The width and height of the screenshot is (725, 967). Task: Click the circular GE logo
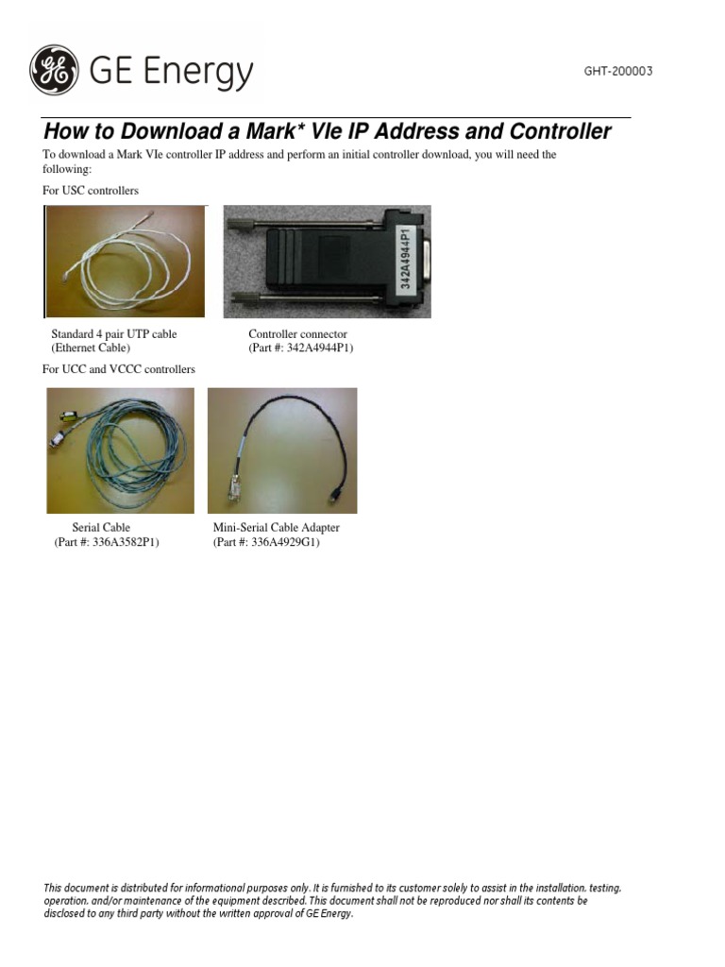55,71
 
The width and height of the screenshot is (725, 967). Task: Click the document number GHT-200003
618,72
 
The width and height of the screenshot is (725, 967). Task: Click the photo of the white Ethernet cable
126,262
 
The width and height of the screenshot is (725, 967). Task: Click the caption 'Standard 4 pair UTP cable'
113,334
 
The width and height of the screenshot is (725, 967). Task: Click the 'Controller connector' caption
297,334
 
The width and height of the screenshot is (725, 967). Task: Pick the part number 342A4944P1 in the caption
318,348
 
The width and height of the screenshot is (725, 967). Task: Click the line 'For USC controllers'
91,191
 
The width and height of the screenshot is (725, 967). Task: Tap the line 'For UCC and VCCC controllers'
119,369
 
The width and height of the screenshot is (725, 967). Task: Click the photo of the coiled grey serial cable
120,450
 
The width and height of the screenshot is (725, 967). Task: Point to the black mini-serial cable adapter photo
282,450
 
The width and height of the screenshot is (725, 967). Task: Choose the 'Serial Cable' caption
101,528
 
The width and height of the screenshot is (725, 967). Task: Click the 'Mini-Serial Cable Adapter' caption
277,528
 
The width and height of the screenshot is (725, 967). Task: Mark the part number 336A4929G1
284,542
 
